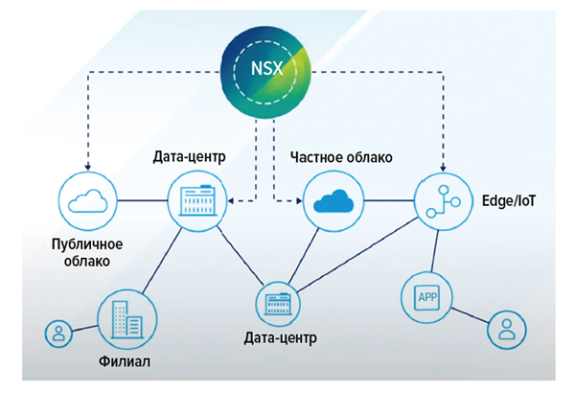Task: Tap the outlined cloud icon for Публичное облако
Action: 86,199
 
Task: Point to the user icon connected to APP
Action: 505,330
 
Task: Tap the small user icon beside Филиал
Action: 58,334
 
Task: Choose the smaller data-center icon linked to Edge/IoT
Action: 277,304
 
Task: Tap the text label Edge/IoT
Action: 505,201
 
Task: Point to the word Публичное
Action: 88,243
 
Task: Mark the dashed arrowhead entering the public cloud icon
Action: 86,167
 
